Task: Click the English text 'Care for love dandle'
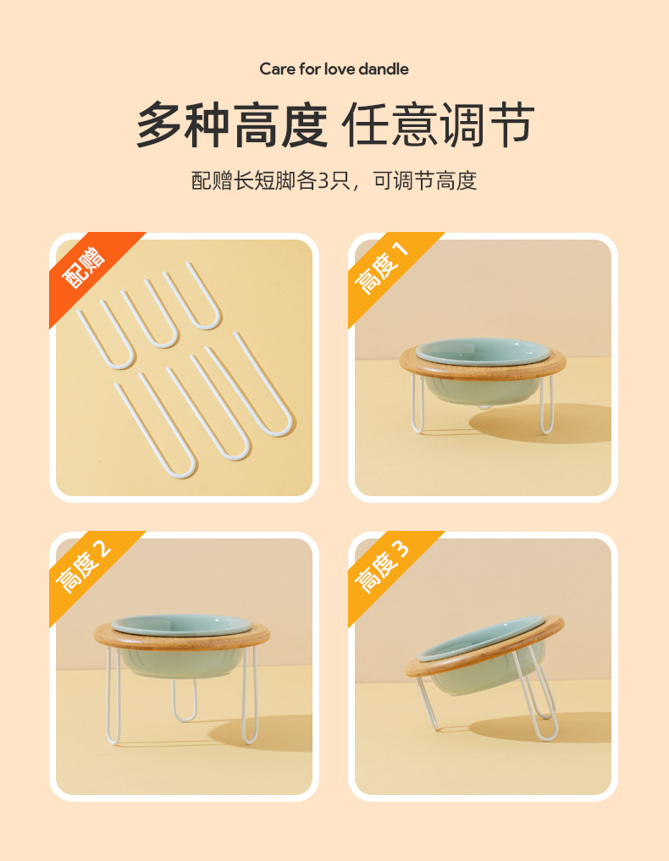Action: click(x=334, y=69)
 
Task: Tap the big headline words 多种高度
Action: click(x=231, y=125)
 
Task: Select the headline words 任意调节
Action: click(x=438, y=125)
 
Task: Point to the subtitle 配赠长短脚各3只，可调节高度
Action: click(x=334, y=180)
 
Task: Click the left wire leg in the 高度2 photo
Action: click(x=113, y=694)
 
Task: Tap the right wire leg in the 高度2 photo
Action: click(x=251, y=694)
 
